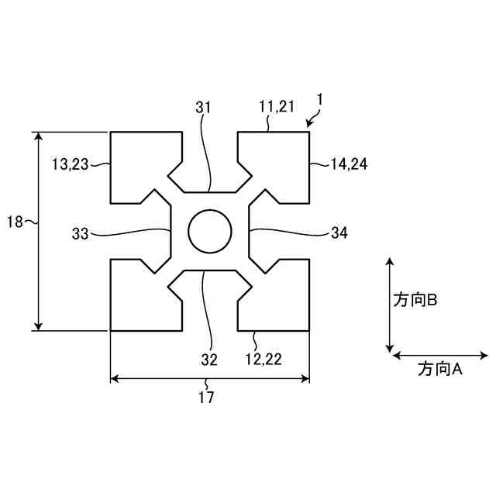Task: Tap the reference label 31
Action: pos(203,108)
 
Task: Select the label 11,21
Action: pos(277,106)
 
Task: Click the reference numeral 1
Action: pos(320,100)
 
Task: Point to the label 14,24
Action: pos(349,164)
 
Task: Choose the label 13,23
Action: pos(70,164)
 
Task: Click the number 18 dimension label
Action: pos(15,222)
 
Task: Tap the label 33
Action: pos(81,234)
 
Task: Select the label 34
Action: pos(339,232)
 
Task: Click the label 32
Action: pos(209,360)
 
